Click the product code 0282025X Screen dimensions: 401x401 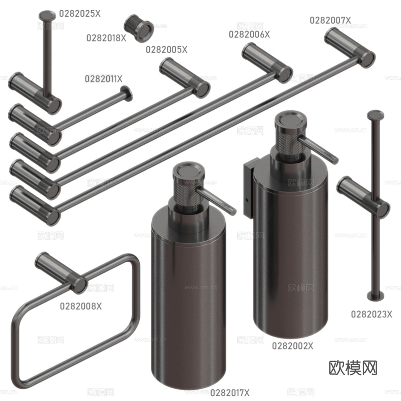(x=80, y=13)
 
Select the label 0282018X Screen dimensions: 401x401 (x=106, y=38)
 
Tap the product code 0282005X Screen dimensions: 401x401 (x=166, y=50)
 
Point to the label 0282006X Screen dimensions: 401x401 (x=249, y=34)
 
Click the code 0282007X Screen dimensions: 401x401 (x=330, y=20)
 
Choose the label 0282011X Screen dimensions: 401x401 (x=104, y=79)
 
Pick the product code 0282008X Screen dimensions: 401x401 (x=81, y=306)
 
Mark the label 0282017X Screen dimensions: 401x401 (x=230, y=392)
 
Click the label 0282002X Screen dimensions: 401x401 (x=293, y=346)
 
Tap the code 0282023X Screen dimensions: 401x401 (x=371, y=314)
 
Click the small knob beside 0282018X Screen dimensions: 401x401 (x=138, y=28)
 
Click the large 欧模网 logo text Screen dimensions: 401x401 (x=353, y=368)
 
